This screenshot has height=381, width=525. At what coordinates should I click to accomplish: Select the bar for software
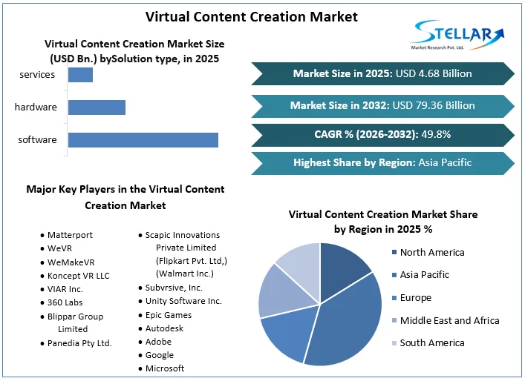tap(143, 140)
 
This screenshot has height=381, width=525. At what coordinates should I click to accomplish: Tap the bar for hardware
tap(97, 107)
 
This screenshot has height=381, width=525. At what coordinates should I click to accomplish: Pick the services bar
tap(80, 75)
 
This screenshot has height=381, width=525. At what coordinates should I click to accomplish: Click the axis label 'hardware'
tap(36, 107)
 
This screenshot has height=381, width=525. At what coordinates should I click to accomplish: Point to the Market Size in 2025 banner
tap(382, 73)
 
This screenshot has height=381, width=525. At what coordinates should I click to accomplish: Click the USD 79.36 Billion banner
tap(382, 105)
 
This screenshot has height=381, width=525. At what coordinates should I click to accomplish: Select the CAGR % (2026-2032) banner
tap(382, 134)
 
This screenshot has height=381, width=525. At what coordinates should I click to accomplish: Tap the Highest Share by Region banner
tap(382, 163)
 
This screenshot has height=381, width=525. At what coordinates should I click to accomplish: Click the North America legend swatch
tap(394, 253)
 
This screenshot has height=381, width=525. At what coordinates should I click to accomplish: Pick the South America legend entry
tap(431, 343)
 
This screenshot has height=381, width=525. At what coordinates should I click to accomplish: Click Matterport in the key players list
tap(70, 235)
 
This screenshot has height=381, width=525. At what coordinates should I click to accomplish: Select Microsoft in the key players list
tap(165, 368)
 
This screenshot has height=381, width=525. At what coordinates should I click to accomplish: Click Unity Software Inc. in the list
tap(183, 301)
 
